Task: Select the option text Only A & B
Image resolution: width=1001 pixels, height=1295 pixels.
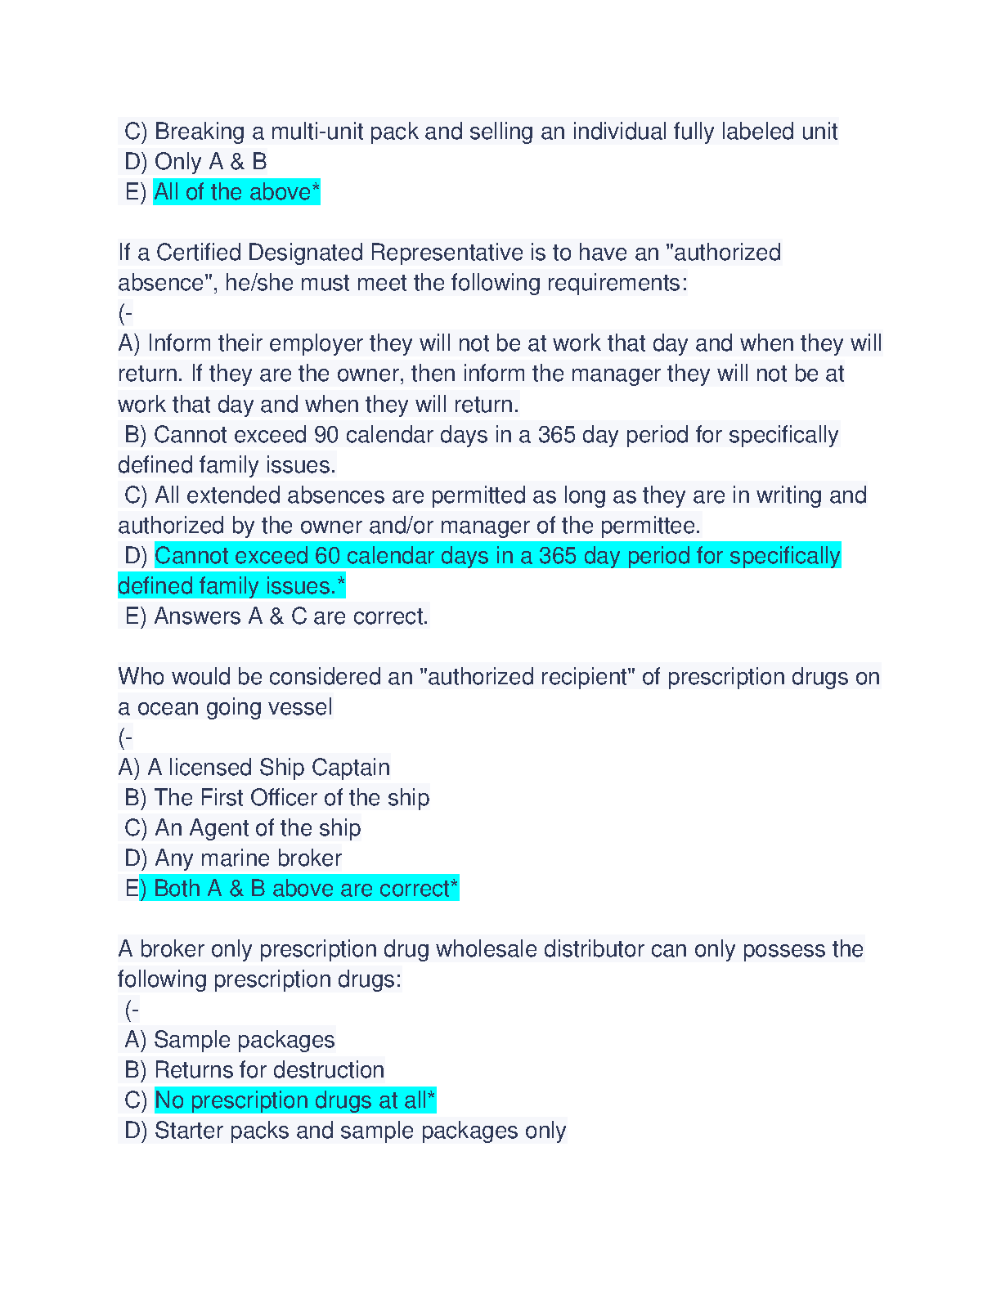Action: [210, 162]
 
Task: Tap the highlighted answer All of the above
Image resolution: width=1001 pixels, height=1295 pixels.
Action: [236, 192]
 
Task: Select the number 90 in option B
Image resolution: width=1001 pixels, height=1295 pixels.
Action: [326, 435]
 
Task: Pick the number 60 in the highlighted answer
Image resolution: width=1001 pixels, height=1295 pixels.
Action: [327, 556]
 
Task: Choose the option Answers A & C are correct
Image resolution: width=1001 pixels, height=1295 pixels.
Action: [290, 616]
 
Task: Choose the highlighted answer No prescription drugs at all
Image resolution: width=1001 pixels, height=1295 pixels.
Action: [294, 1100]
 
